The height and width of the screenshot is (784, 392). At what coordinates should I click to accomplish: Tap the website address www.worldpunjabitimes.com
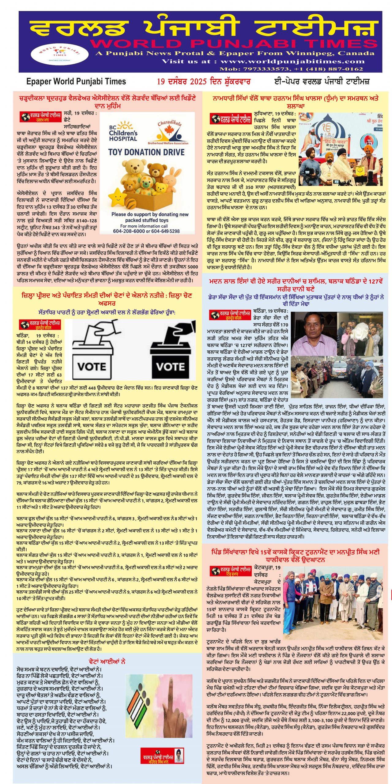point(292,62)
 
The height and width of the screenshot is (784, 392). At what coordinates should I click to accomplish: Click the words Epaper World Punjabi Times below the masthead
point(76,82)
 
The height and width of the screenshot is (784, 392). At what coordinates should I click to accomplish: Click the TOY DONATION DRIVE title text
point(146,152)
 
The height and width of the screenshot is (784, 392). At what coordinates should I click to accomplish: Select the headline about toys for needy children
point(107,102)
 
